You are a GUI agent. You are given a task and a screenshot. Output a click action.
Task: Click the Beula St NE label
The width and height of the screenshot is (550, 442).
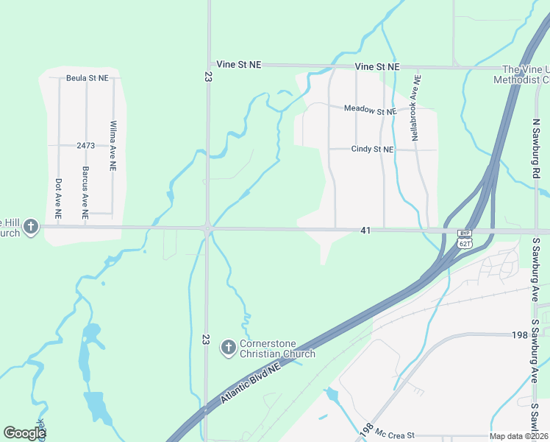click(87, 77)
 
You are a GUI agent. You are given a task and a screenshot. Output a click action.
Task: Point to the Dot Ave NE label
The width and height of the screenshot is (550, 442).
click(58, 199)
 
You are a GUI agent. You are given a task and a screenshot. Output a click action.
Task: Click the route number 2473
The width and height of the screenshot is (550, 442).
click(85, 146)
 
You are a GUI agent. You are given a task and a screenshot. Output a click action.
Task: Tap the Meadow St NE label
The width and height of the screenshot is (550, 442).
click(371, 110)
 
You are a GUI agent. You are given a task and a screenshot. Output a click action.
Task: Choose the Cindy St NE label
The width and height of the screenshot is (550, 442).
click(372, 149)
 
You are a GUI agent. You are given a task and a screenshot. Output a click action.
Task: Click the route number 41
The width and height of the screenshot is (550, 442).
click(365, 231)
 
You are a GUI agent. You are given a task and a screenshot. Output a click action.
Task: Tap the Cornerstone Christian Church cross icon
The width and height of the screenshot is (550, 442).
click(229, 346)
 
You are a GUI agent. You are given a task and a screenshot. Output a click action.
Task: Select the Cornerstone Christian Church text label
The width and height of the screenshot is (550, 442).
click(278, 348)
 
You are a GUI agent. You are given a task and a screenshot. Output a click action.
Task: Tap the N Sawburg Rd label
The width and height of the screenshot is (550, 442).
click(535, 147)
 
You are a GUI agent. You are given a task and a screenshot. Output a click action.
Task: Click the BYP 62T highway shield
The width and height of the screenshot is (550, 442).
click(464, 239)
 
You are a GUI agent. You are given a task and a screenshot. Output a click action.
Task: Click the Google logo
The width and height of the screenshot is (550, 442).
click(24, 433)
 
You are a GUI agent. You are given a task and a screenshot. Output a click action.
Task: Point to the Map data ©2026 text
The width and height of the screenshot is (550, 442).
click(518, 436)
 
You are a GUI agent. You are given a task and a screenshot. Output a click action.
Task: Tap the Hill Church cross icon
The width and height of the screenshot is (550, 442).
click(31, 226)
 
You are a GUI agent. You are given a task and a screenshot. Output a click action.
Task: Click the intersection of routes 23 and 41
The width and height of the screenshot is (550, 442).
click(208, 229)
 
